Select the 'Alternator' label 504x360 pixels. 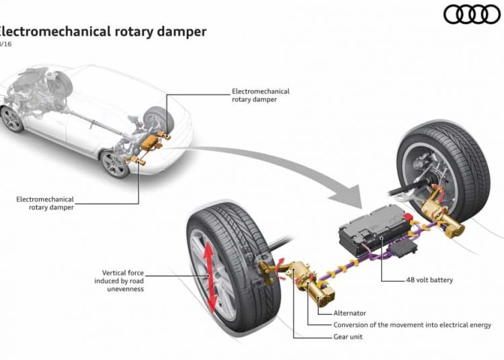[x=351, y=313]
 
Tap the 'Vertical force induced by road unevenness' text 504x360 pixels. [x=119, y=281]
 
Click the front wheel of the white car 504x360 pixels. [x=11, y=119]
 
